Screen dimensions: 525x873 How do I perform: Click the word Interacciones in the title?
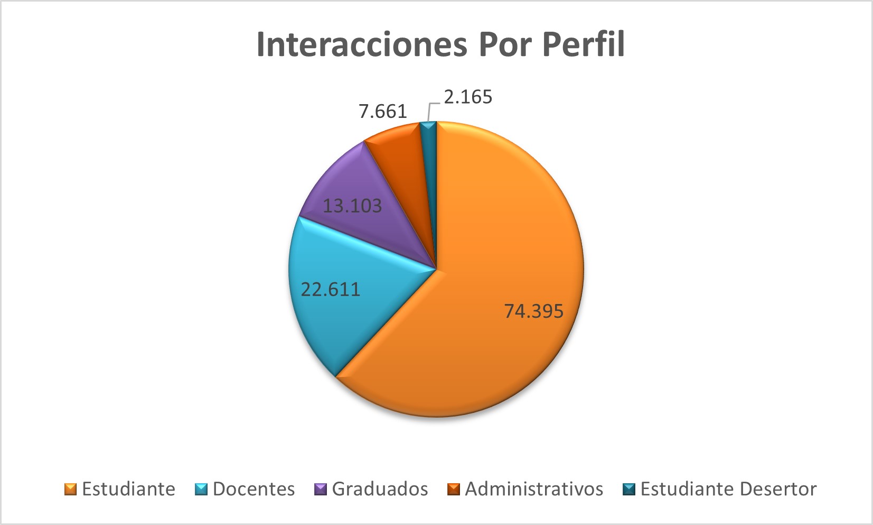(x=361, y=44)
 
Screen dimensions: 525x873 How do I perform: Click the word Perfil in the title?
(x=583, y=44)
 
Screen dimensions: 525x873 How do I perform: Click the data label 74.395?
(x=533, y=311)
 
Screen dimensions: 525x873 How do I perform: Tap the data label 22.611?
(x=331, y=289)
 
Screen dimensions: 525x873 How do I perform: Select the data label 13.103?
(x=352, y=205)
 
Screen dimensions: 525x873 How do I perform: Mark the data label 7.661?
(x=383, y=112)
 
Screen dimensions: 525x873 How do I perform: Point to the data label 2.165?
(x=468, y=97)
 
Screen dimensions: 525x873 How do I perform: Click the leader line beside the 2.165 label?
(x=429, y=110)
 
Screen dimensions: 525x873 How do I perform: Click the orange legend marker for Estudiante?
(x=71, y=489)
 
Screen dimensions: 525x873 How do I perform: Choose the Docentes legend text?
(x=254, y=489)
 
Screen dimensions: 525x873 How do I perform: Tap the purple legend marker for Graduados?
(x=321, y=489)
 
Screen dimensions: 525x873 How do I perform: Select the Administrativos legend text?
(x=533, y=489)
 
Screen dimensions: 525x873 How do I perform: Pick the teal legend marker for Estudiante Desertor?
(x=628, y=489)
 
